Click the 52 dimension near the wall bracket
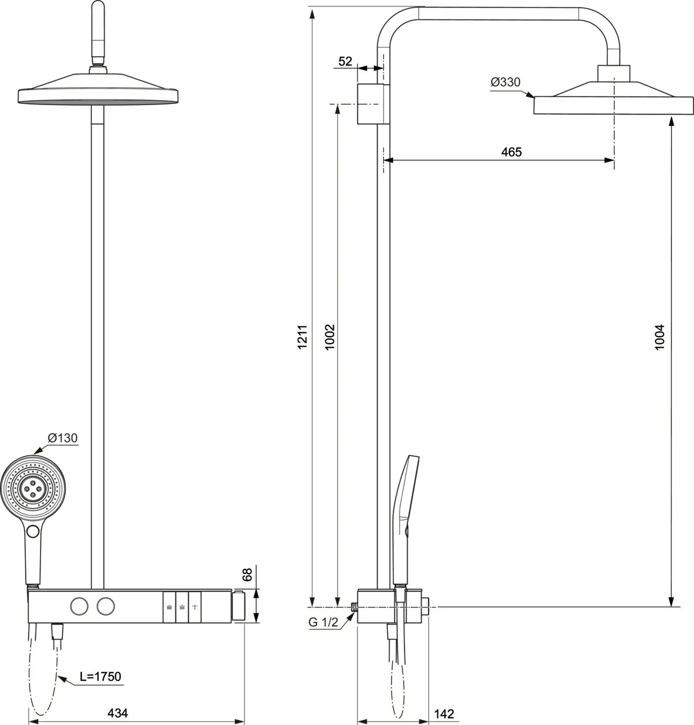(x=345, y=61)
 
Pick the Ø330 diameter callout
(x=505, y=83)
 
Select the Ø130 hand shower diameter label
(x=62, y=438)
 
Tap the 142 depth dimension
(x=444, y=714)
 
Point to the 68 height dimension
(x=247, y=575)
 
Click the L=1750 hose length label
(x=100, y=676)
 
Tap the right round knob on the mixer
(x=105, y=606)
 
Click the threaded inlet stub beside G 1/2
(x=354, y=606)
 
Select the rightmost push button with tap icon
(x=195, y=607)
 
